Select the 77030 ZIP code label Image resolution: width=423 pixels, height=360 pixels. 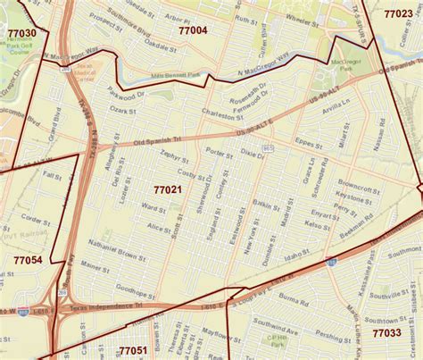21,33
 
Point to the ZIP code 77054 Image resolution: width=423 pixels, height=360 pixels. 27,259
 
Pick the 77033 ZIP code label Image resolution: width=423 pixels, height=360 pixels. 386,332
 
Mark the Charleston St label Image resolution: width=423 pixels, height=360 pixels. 221,115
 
